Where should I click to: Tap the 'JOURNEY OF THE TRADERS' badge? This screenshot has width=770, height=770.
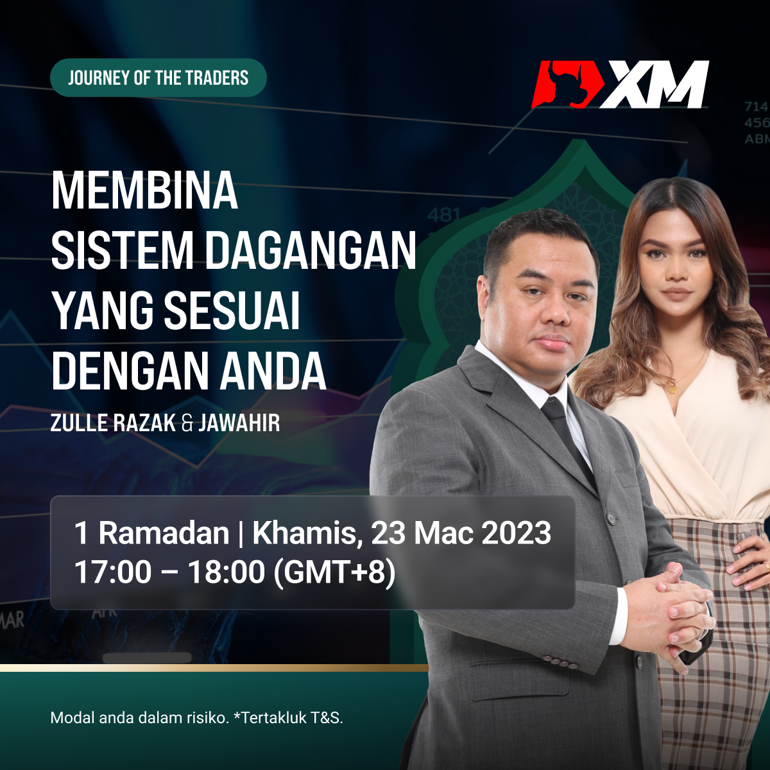[158, 78]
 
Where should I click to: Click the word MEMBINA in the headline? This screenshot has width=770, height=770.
[144, 190]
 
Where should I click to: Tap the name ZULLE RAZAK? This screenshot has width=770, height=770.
[113, 423]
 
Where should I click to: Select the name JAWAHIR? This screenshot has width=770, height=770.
[239, 423]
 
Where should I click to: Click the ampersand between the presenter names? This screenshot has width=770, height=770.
[187, 424]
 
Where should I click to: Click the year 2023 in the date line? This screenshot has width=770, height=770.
[517, 533]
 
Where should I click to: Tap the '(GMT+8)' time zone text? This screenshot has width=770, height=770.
[334, 573]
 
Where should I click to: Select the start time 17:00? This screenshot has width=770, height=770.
[113, 572]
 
